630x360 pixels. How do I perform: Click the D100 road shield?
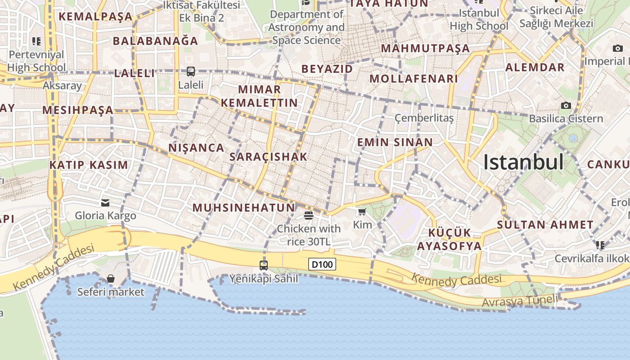322,264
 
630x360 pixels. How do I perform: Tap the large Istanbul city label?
523,162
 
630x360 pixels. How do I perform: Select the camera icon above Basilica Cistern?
566,106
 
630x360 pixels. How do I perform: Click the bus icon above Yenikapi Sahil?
264,265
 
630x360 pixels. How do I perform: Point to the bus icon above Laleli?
191,72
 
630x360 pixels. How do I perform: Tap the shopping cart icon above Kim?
362,211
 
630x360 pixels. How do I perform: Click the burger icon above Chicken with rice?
309,215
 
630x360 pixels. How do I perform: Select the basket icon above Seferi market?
111,279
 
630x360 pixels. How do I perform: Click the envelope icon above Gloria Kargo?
105,203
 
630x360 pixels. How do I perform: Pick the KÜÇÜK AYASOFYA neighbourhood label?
449,239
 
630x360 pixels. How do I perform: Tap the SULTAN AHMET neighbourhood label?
545,225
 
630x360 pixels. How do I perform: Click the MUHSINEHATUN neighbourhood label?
243,208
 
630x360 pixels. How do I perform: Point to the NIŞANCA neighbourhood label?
196,148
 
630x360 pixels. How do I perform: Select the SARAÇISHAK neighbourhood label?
268,157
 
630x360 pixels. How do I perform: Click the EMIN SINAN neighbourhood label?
395,143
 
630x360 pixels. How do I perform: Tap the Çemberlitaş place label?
424,118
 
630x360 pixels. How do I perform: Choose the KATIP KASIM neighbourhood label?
89,165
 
